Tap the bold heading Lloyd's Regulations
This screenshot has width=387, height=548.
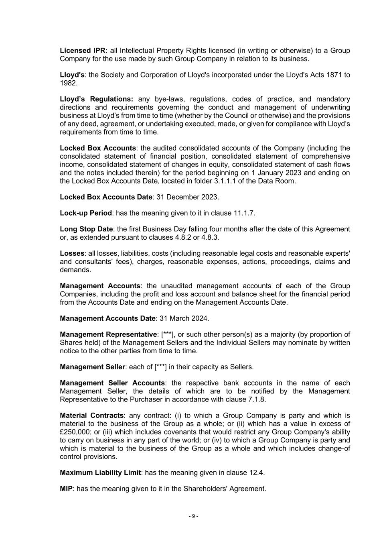[x=96, y=99]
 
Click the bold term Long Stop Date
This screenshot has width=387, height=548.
[x=86, y=229]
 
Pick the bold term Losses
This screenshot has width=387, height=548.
[x=72, y=253]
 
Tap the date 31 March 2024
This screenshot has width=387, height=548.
[x=184, y=318]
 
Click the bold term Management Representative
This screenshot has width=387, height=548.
[x=108, y=334]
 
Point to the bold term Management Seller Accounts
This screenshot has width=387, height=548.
[x=112, y=383]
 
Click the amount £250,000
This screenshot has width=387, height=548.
[x=75, y=432]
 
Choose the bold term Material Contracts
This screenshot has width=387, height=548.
[x=91, y=416]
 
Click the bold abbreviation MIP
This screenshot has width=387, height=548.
[x=66, y=489]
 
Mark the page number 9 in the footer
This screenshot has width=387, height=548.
[x=193, y=516]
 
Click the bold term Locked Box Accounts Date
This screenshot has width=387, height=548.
[x=106, y=197]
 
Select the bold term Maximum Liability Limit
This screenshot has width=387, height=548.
[x=100, y=473]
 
